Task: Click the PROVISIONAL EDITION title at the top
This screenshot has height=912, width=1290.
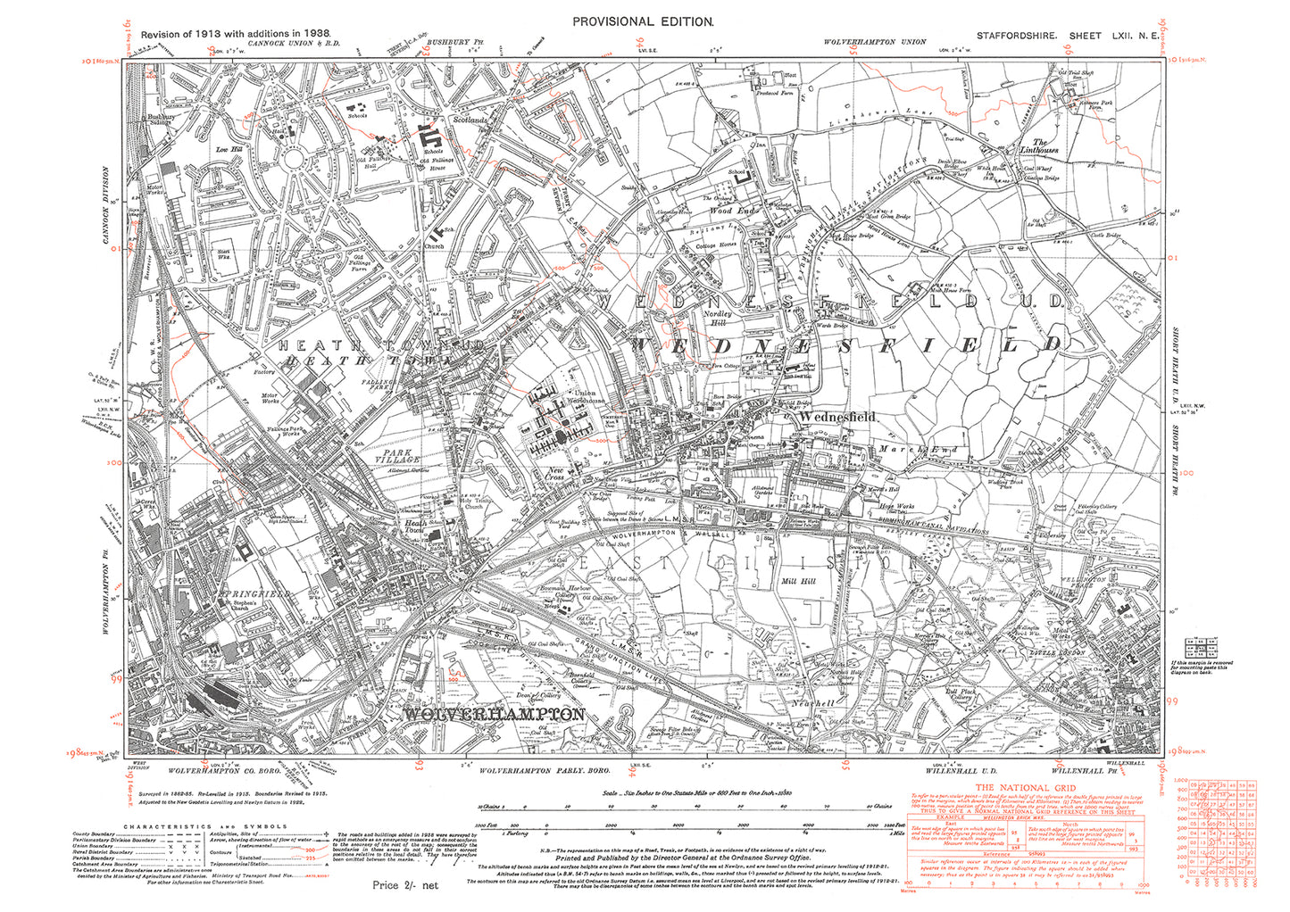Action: (x=642, y=21)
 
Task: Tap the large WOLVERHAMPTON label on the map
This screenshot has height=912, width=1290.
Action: (x=495, y=715)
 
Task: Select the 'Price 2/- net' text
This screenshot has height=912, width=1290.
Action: (x=406, y=885)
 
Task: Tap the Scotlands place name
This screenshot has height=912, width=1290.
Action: (x=470, y=119)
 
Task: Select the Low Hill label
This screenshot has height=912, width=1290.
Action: (x=230, y=150)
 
